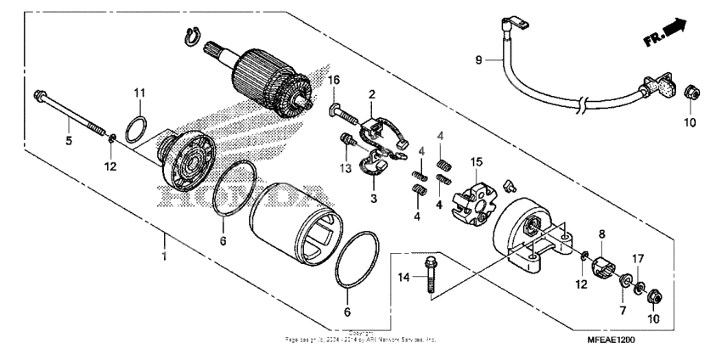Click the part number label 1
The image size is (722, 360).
pyautogui.click(x=163, y=254)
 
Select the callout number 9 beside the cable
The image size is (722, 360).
pyautogui.click(x=477, y=60)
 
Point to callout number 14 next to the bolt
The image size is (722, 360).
pyautogui.click(x=404, y=278)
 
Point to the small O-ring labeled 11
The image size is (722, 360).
pyautogui.click(x=134, y=132)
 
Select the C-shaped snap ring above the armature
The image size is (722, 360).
pyautogui.click(x=192, y=36)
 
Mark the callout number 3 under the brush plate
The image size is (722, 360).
pyautogui.click(x=371, y=198)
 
